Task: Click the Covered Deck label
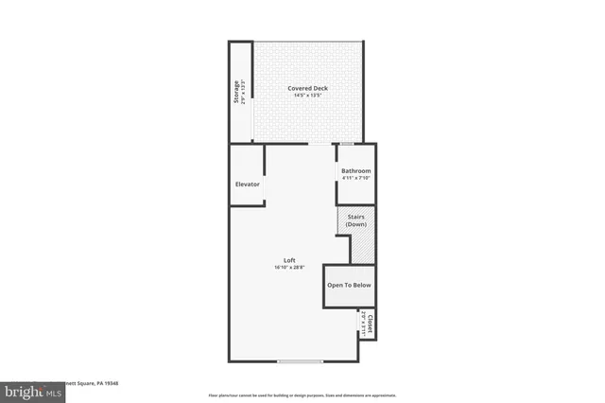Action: [x=307, y=88]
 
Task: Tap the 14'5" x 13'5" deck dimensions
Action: [x=307, y=96]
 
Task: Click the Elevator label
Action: [x=248, y=184]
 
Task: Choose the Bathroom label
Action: [x=356, y=171]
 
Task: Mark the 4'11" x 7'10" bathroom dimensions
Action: [x=356, y=178]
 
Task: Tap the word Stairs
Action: [x=356, y=218]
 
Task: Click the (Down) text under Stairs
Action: [x=356, y=224]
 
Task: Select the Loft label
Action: [x=290, y=260]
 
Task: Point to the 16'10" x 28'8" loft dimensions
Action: [x=290, y=268]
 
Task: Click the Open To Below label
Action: [x=349, y=285]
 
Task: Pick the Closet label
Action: [x=371, y=323]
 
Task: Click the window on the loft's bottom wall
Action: [x=300, y=361]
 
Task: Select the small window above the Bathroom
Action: [x=348, y=144]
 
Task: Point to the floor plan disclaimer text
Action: [x=302, y=394]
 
